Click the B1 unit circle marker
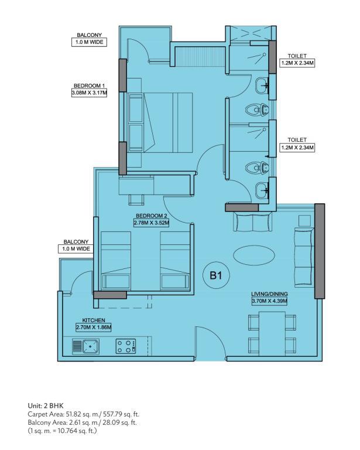click(x=216, y=275)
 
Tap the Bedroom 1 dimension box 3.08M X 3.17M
click(x=89, y=93)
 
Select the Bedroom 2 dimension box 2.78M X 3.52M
click(x=152, y=223)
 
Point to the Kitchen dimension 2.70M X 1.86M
click(x=94, y=327)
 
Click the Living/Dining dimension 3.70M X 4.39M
click(x=269, y=301)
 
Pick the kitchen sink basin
click(x=91, y=346)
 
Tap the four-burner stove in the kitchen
click(x=126, y=346)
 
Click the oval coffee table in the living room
click(x=254, y=255)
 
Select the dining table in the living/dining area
click(x=272, y=333)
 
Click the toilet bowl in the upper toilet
click(x=257, y=110)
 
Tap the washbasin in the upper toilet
click(x=262, y=85)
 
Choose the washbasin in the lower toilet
click(x=262, y=190)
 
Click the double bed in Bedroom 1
click(x=160, y=122)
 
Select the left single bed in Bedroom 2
click(x=116, y=261)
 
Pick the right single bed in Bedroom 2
click(x=175, y=261)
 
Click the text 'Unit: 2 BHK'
click(x=46, y=406)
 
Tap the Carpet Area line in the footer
click(x=83, y=414)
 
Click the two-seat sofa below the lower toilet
click(x=252, y=221)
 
